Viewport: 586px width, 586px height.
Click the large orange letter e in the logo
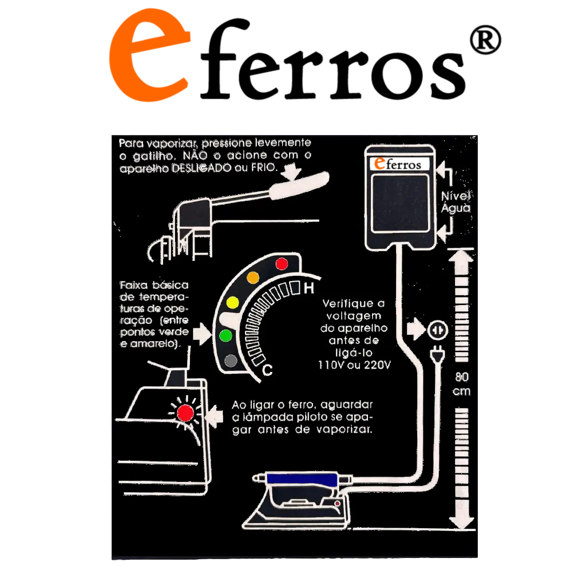click(x=149, y=56)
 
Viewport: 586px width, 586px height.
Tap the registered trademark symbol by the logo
click(x=485, y=39)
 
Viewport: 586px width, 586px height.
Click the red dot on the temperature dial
click(x=282, y=264)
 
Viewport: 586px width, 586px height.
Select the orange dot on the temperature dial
click(x=253, y=278)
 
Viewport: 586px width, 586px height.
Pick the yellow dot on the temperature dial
click(x=232, y=302)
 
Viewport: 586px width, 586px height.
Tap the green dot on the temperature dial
click(x=225, y=335)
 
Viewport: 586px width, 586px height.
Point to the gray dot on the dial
click(x=231, y=361)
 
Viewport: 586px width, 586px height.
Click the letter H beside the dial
click(x=308, y=288)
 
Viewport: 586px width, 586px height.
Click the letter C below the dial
click(x=268, y=370)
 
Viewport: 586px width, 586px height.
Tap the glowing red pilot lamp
click(x=185, y=413)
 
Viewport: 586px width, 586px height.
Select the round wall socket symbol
click(x=437, y=330)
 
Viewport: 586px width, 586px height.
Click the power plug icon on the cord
click(x=437, y=354)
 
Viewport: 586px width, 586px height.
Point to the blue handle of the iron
click(x=302, y=478)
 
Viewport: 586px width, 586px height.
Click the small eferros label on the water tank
click(x=398, y=164)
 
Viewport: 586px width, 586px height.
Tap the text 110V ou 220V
click(x=354, y=365)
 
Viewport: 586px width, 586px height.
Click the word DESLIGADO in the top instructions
click(x=201, y=168)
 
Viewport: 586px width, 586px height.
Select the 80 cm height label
click(x=462, y=384)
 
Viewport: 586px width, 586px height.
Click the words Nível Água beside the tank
click(x=456, y=202)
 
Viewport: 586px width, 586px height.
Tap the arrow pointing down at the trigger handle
click(x=291, y=172)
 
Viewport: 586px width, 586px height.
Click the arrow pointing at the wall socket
click(x=415, y=330)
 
